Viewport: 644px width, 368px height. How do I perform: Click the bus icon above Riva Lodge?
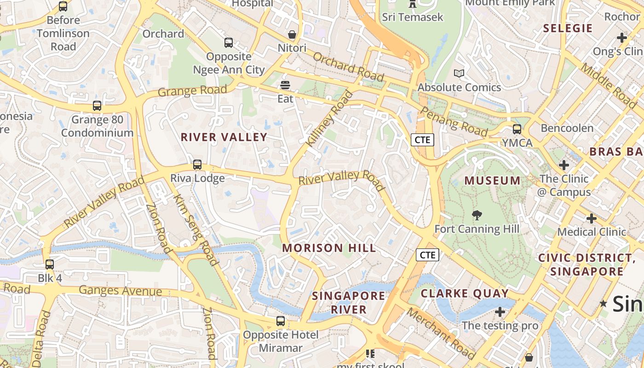point(197,164)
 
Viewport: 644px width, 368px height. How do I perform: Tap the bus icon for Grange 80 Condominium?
point(97,106)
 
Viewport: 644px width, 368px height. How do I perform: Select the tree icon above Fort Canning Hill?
point(477,215)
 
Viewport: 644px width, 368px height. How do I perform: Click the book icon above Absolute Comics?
point(459,73)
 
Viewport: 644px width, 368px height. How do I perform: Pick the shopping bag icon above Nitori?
point(292,34)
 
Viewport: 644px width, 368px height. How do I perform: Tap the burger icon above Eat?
point(285,85)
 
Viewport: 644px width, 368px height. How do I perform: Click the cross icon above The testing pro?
point(500,312)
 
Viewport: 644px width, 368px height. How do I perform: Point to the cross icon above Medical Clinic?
point(592,218)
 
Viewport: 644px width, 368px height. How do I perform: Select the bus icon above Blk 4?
point(50,264)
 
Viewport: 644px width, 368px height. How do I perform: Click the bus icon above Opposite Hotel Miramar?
point(281,321)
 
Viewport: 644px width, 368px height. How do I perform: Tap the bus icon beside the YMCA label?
point(517,129)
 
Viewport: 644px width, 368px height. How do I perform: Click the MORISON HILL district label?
point(329,248)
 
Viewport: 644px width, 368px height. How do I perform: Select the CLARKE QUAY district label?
point(465,293)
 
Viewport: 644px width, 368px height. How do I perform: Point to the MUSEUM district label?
point(492,180)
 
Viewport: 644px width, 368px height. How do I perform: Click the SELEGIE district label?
point(568,28)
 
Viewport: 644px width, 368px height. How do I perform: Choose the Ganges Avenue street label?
point(121,291)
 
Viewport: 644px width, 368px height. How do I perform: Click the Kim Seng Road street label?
point(195,230)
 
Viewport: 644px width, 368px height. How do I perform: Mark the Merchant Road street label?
point(441,333)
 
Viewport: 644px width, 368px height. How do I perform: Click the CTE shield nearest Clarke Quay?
point(427,255)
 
